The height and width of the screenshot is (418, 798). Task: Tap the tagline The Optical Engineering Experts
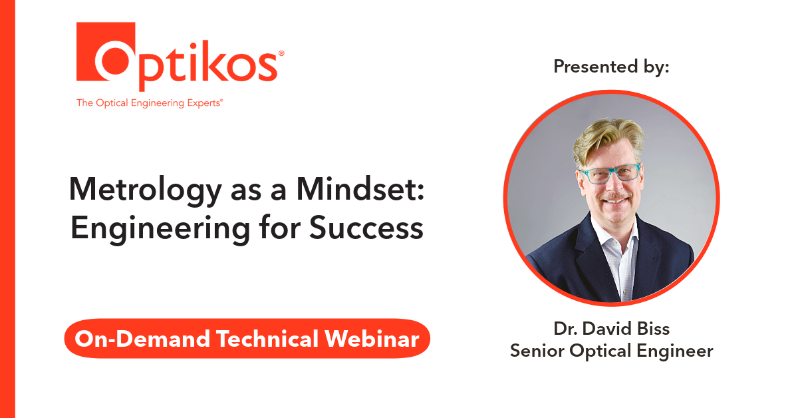150,103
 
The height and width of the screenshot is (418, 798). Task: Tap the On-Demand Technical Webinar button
247,339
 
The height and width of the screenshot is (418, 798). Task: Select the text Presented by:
611,67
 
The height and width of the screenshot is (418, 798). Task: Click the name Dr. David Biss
611,329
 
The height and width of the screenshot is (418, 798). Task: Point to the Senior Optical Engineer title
611,351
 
